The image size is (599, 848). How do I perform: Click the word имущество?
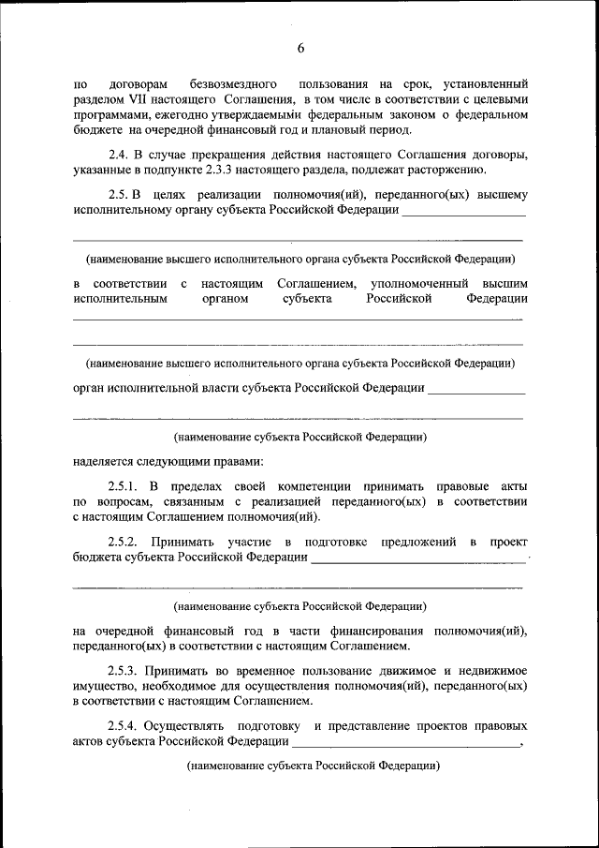pos(105,686)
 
